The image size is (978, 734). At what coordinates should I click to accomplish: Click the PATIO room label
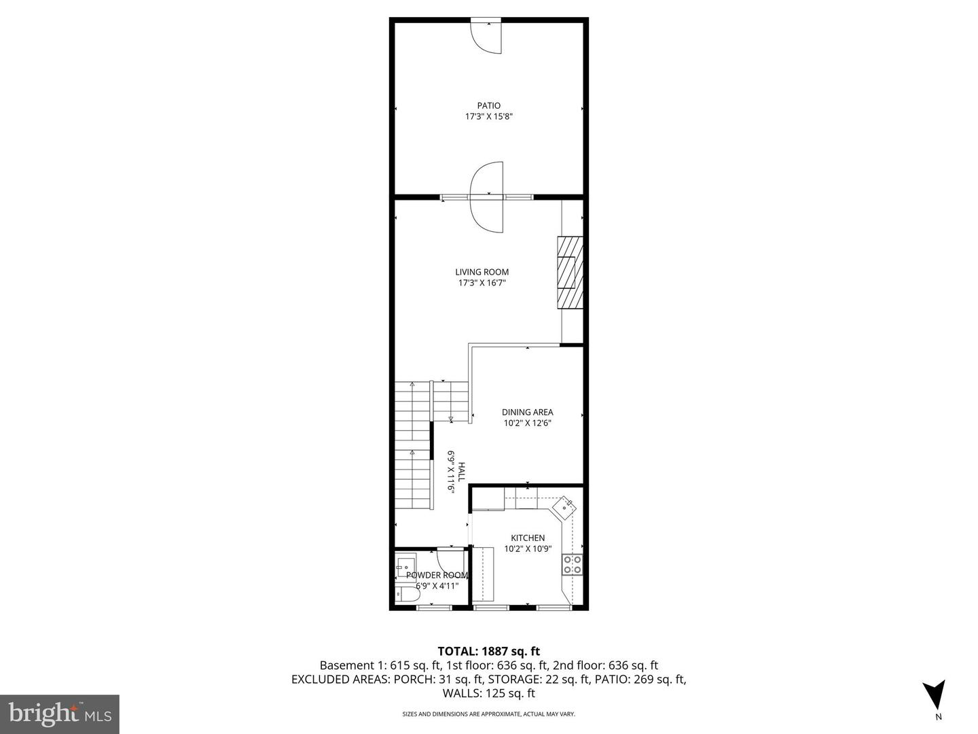coord(488,105)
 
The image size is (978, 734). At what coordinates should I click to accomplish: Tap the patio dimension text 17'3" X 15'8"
coord(488,117)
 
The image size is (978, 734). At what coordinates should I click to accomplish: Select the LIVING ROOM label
coord(482,272)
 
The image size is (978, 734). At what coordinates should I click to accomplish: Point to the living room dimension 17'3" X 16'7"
coord(482,283)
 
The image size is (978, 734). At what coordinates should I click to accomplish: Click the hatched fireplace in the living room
coord(570,273)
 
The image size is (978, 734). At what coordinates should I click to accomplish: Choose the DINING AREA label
coord(527,412)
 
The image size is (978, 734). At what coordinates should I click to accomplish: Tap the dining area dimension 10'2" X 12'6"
coord(527,423)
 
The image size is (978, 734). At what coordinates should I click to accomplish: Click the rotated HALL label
coord(461,472)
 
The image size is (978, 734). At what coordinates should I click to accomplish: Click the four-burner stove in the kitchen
coord(572,565)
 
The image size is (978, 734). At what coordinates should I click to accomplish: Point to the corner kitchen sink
coord(564,506)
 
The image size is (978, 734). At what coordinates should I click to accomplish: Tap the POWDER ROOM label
coord(437,575)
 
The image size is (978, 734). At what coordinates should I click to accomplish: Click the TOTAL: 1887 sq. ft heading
coord(489,652)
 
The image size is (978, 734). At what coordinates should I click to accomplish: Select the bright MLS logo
coord(60,714)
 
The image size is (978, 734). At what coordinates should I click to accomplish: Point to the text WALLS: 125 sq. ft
coord(489,693)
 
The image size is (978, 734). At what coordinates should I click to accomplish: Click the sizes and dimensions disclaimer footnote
coord(489,714)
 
